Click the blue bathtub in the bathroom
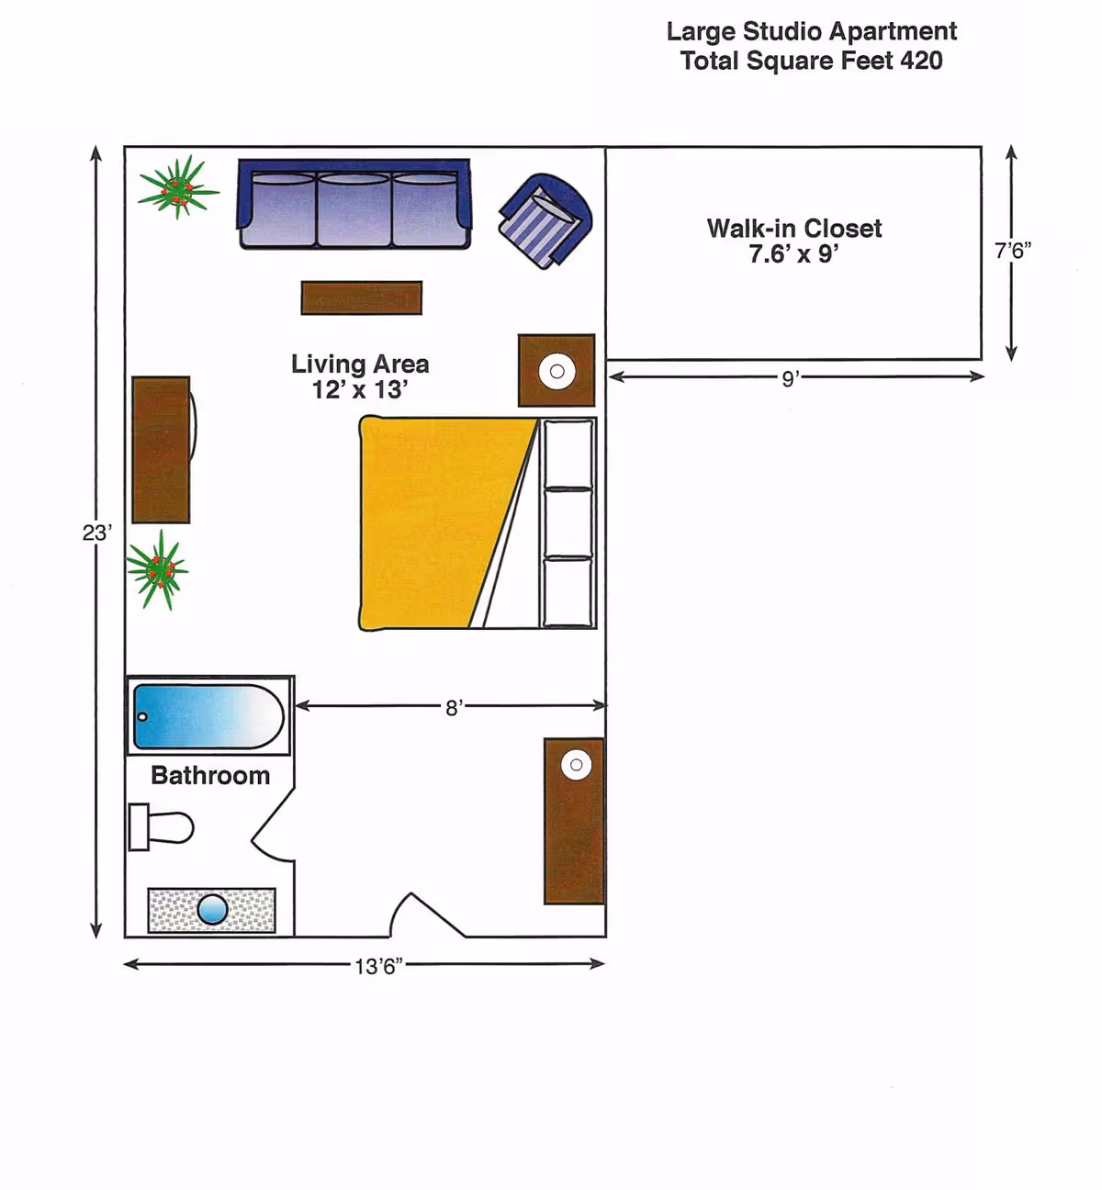pos(208,716)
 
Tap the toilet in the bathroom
pos(161,827)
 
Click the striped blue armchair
pos(545,220)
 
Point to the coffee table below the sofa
pos(362,297)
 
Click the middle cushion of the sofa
pos(354,208)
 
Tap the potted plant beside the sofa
pos(177,187)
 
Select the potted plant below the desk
pos(158,570)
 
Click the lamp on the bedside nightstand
pos(557,371)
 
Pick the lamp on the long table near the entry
pos(576,765)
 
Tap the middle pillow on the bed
pos(568,523)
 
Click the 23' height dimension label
pos(97,533)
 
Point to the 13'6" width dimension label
pos(378,967)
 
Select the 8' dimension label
pos(454,708)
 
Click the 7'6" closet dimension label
pos(1013,251)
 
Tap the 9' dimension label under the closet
pos(791,378)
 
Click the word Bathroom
pos(210,775)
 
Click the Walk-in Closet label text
pos(794,229)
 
